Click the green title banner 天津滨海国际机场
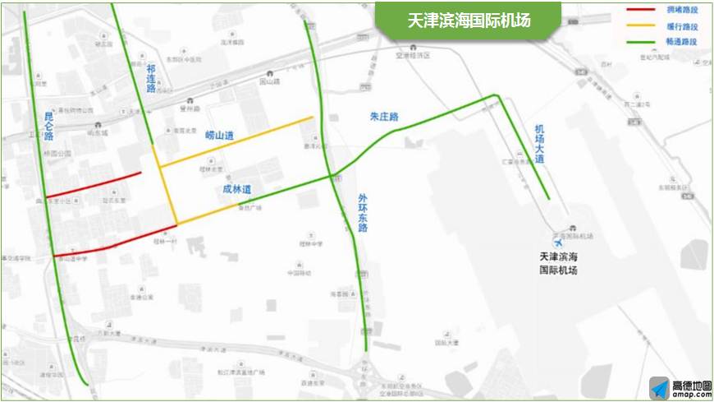pyautogui.click(x=469, y=21)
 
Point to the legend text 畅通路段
pyautogui.click(x=683, y=41)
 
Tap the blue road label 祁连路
pyautogui.click(x=150, y=80)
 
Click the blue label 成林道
pyautogui.click(x=236, y=189)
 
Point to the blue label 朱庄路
pyautogui.click(x=384, y=118)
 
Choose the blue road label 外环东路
pyautogui.click(x=363, y=213)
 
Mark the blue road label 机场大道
pyautogui.click(x=539, y=145)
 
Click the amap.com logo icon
pyautogui.click(x=660, y=388)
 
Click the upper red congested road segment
pyautogui.click(x=93, y=185)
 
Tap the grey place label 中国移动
pyautogui.click(x=297, y=274)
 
